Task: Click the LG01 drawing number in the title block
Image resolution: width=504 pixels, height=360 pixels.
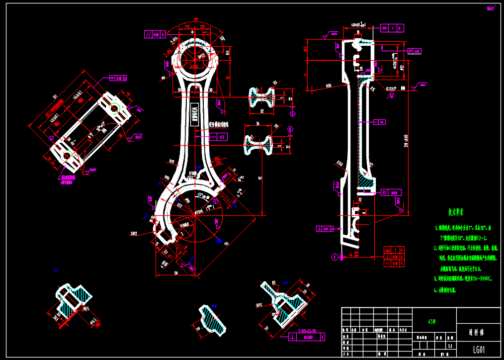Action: click(479, 350)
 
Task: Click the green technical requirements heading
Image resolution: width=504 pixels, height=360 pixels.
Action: click(456, 212)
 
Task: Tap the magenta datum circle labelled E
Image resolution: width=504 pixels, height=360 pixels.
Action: click(335, 257)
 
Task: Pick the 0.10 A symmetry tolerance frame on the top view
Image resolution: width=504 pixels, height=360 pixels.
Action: click(118, 78)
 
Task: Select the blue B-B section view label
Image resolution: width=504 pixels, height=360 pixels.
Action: click(56, 270)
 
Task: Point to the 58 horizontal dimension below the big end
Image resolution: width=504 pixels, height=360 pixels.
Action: click(175, 273)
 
